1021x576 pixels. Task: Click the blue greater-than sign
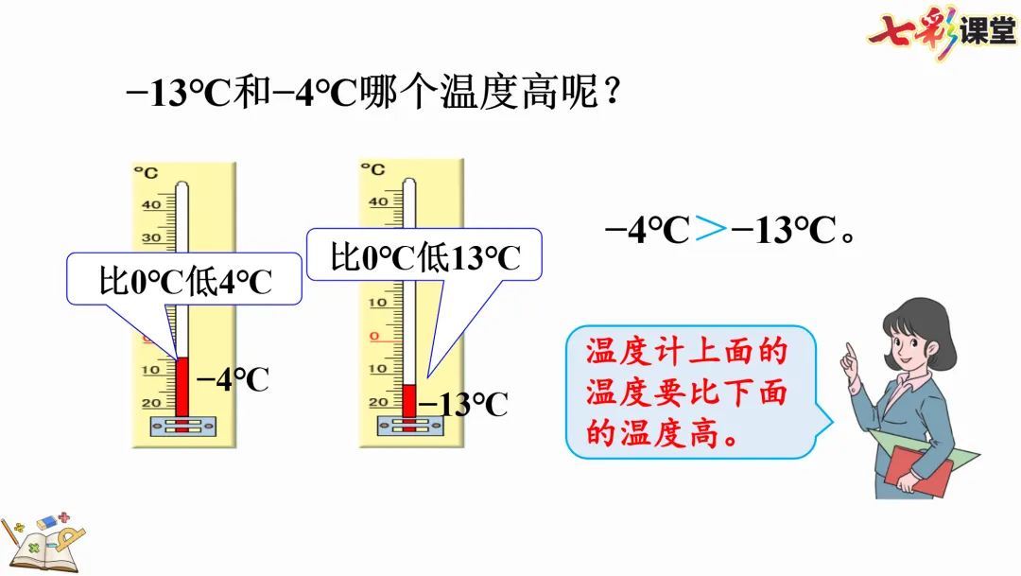[x=711, y=230]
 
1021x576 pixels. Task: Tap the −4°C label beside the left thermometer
[x=233, y=379]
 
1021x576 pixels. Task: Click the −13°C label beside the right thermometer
[x=463, y=404]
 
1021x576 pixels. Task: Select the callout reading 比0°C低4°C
[x=184, y=280]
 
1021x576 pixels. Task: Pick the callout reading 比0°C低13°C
[x=425, y=255]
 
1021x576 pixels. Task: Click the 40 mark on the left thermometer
[x=151, y=204]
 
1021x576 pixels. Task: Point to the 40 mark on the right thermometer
[x=378, y=201]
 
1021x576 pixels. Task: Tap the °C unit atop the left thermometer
[x=146, y=172]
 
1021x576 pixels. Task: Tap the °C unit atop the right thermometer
[x=373, y=169]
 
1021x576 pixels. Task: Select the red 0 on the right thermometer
[x=374, y=335]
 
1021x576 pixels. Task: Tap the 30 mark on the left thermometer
[x=151, y=238]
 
